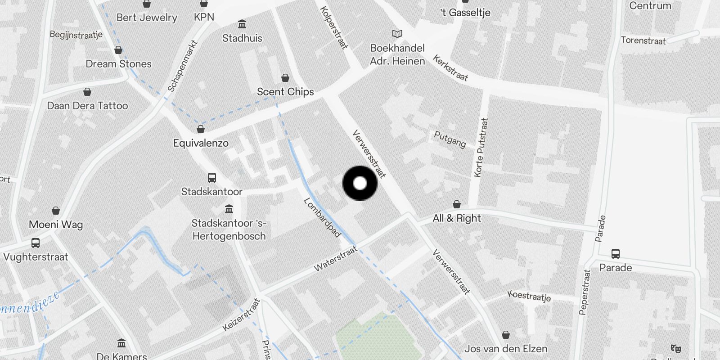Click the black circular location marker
[360, 183]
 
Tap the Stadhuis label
[242, 38]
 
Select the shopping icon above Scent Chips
[285, 78]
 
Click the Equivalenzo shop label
[201, 143]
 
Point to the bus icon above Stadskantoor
[212, 178]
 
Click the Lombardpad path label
[322, 217]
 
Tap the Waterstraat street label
[335, 259]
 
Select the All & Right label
[457, 218]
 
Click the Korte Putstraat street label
[481, 147]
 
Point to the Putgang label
[450, 139]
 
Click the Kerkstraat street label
[450, 67]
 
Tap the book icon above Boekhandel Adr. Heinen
[397, 34]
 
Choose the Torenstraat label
[643, 40]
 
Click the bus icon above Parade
[616, 253]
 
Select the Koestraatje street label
[529, 296]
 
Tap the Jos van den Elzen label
[506, 349]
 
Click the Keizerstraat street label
[242, 315]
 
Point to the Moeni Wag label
[56, 225]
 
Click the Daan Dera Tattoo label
[87, 106]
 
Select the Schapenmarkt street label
[182, 66]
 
